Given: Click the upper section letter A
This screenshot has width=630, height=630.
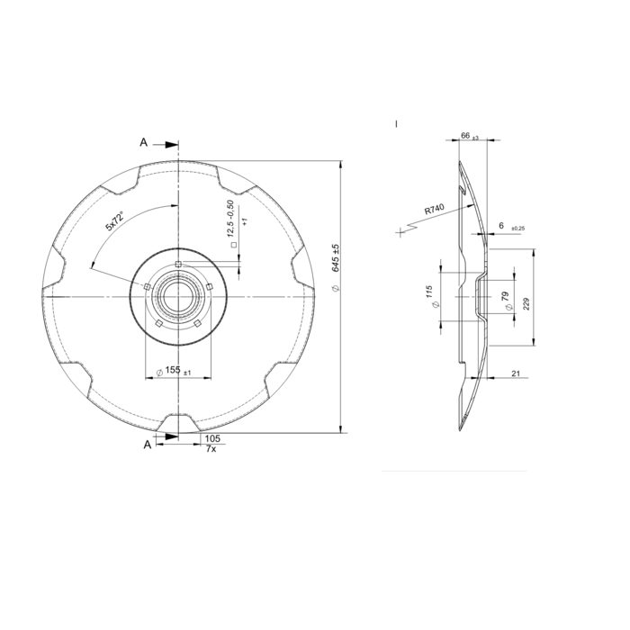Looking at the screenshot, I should [144, 142].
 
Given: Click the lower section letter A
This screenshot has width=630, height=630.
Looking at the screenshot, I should [147, 443].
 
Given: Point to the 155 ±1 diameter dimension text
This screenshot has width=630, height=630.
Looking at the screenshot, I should [174, 371].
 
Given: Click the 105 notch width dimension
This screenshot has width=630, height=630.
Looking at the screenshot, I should [212, 437].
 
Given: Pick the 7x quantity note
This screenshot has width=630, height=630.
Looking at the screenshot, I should [211, 448].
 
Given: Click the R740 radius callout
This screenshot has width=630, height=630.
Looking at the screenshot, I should [436, 210].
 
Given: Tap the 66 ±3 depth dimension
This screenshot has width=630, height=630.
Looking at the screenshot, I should [468, 135].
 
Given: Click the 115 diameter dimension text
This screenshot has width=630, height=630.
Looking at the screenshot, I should [430, 295].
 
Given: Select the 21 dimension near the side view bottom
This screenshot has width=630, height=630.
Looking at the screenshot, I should [517, 372].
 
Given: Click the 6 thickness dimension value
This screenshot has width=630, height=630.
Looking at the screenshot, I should [502, 227].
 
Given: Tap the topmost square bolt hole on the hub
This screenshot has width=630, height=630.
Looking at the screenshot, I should [180, 265].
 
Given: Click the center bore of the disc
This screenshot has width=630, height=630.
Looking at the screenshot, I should [179, 296].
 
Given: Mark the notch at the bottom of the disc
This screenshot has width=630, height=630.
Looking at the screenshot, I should [179, 422].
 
